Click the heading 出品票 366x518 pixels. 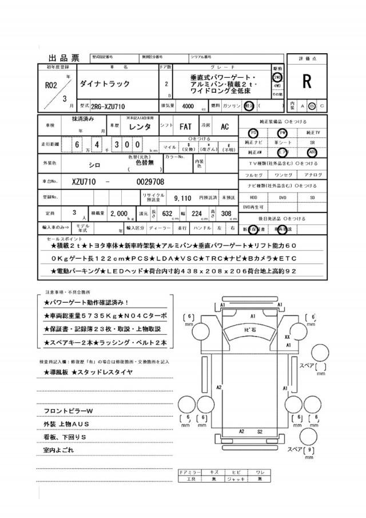coord(64,58)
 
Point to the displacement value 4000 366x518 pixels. coord(187,106)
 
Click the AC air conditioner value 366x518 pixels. coord(225,127)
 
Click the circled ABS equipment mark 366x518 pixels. coord(312,152)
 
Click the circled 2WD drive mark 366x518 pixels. coord(277,76)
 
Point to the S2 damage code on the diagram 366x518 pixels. coord(259,432)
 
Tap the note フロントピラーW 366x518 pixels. coord(68,412)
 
